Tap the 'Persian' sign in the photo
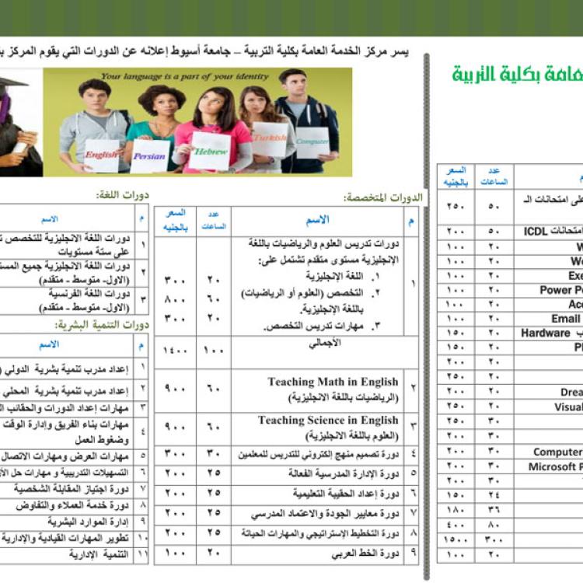149,156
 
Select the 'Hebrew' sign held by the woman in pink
209,152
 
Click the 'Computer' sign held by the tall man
312,141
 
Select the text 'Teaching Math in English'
333,382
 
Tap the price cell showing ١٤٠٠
175,351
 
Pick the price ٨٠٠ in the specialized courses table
175,298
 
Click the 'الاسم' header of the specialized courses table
317,220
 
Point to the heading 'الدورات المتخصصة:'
383,198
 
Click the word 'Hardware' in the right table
545,333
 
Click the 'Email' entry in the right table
566,319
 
